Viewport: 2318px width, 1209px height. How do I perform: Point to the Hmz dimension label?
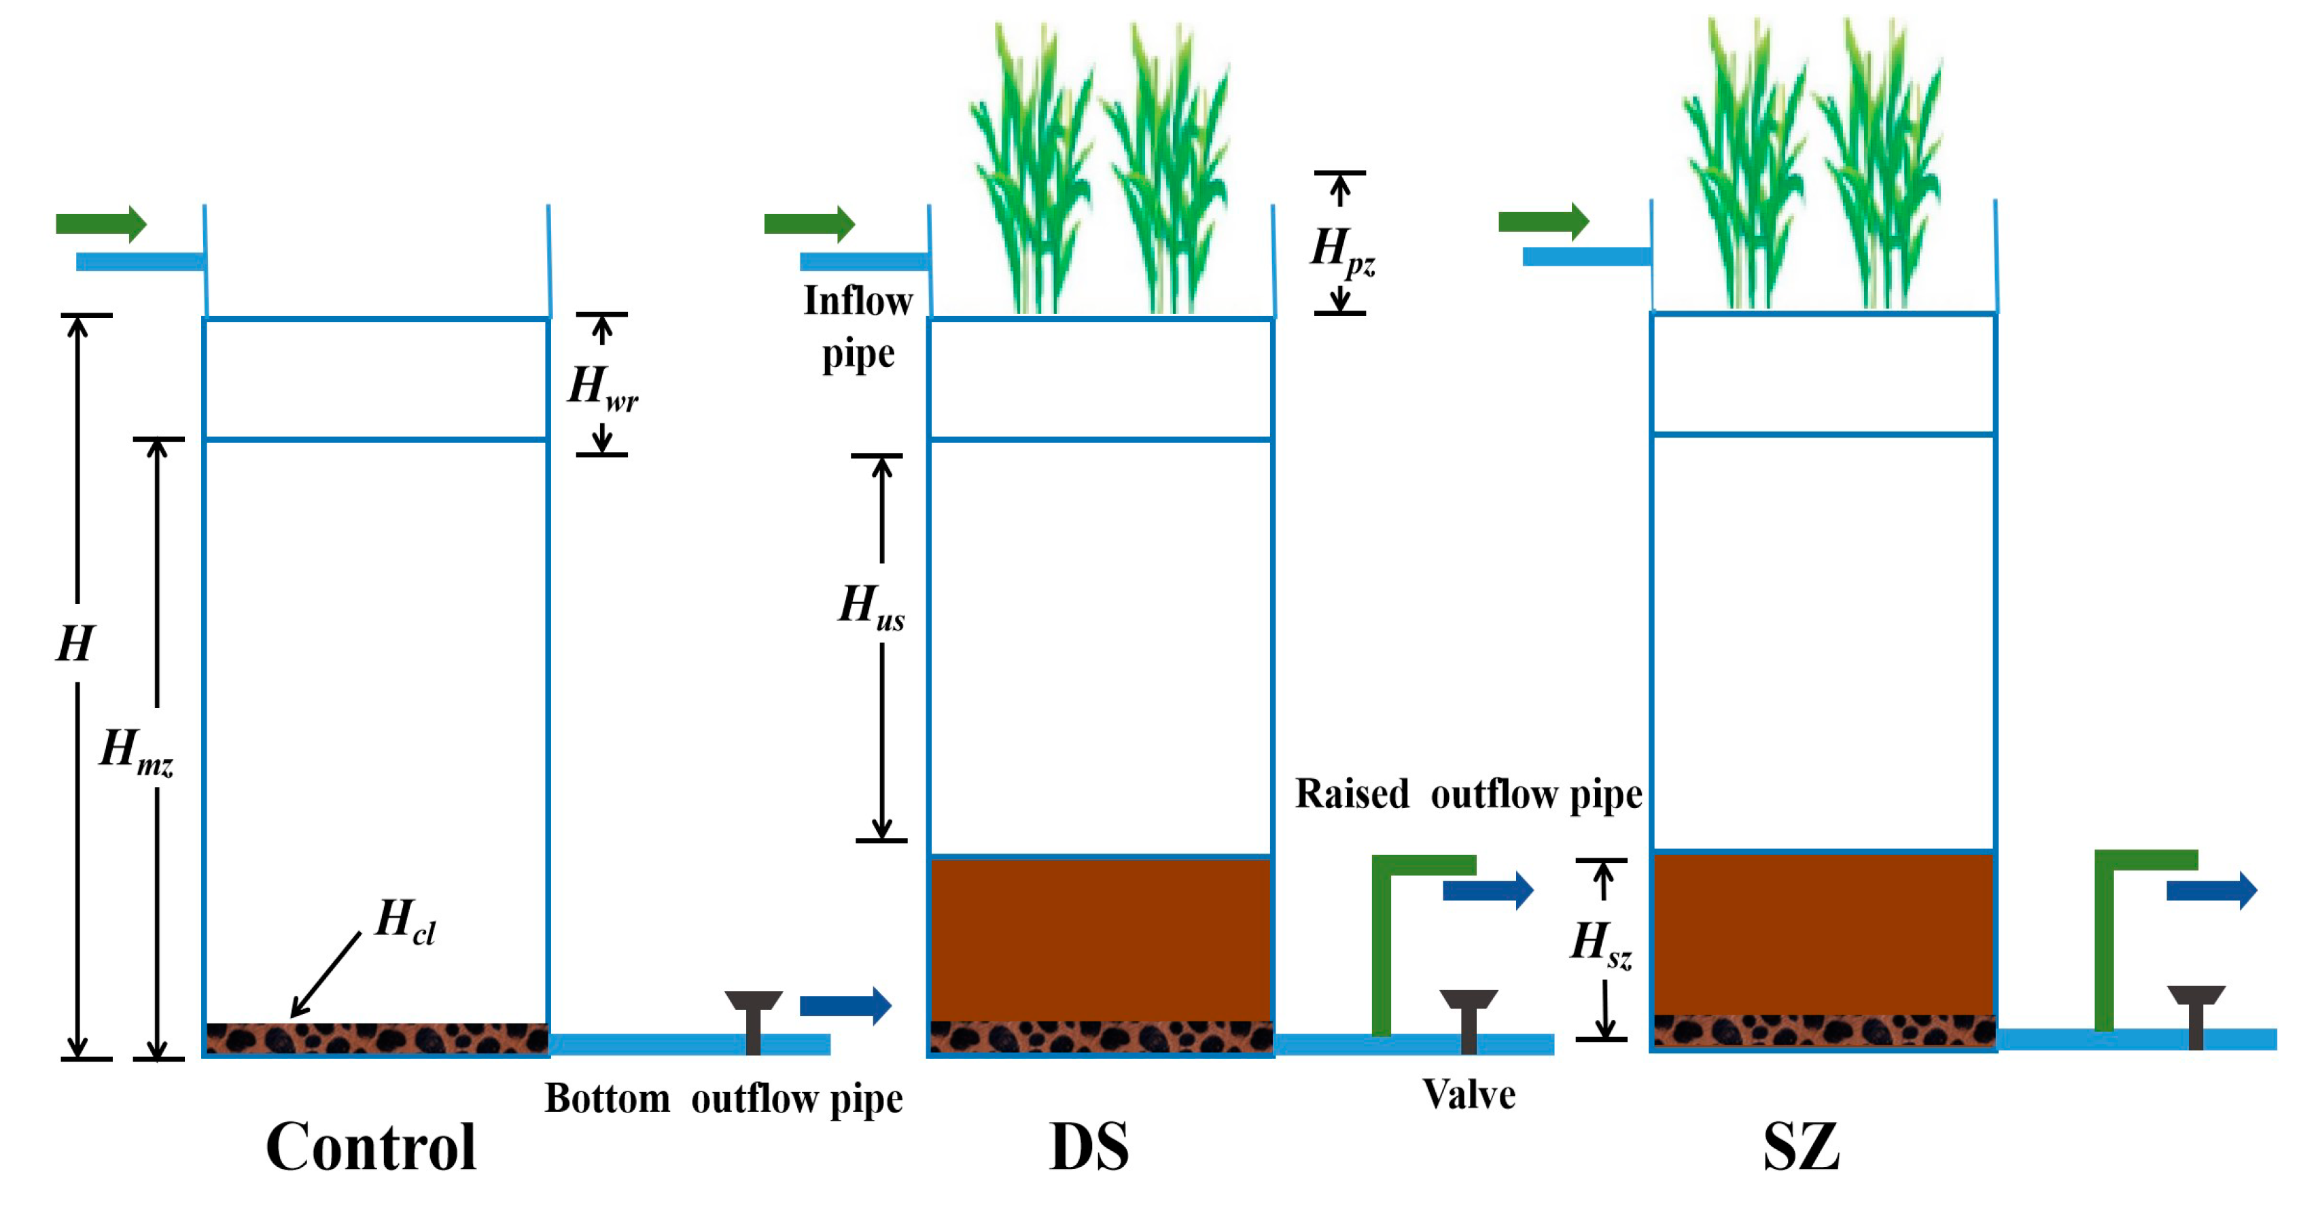coord(136,750)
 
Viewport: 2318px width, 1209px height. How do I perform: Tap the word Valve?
coord(1469,1094)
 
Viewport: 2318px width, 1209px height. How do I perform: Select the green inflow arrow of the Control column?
coord(101,223)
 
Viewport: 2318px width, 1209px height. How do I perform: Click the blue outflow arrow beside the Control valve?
coord(845,1005)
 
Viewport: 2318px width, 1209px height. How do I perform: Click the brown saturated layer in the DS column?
coord(1100,939)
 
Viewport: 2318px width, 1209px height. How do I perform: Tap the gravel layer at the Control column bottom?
coord(376,1038)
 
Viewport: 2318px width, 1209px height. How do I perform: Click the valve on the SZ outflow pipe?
coord(2196,1015)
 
